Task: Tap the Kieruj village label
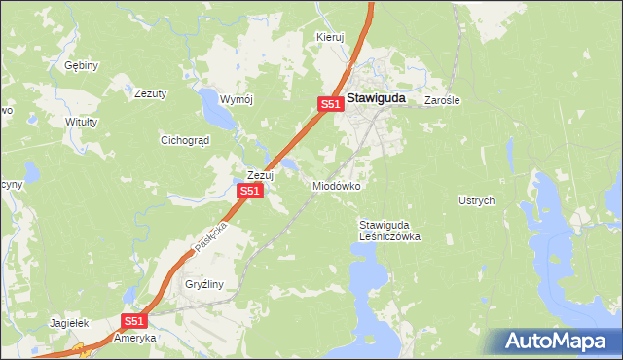(331, 37)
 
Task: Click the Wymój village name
(237, 100)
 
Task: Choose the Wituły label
(81, 122)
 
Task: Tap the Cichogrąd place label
(185, 140)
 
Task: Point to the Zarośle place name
(442, 100)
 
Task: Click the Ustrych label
(477, 200)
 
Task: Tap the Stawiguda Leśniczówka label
(389, 230)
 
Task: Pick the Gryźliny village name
(205, 285)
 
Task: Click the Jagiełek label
(69, 322)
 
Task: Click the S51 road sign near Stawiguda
(330, 104)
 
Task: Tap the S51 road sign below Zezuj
(250, 192)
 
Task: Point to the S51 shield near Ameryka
(134, 321)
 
